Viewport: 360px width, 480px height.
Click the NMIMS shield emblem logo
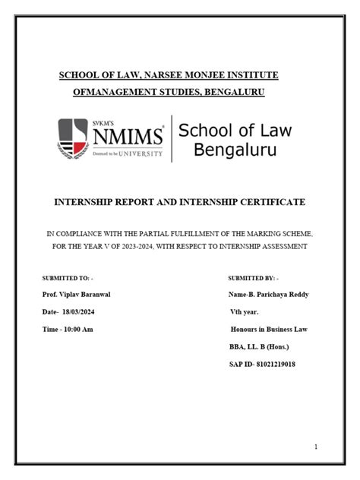point(73,138)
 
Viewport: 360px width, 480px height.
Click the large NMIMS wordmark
point(128,137)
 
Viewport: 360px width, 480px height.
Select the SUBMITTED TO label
point(63,279)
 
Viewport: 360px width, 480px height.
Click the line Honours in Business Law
point(267,329)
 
